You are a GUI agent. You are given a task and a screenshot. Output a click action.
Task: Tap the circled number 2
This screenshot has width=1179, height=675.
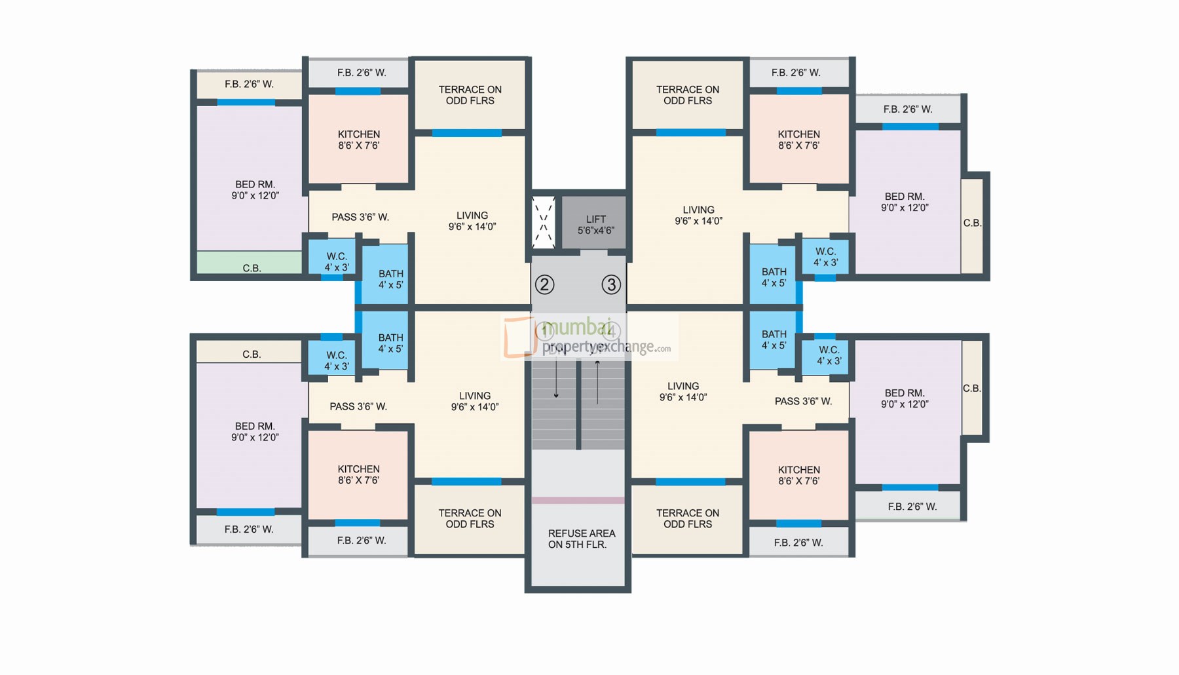[x=544, y=284]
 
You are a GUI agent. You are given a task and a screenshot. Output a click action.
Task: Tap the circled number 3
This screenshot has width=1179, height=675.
[x=611, y=284]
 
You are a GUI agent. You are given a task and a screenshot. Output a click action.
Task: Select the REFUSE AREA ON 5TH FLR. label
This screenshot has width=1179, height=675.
[x=581, y=539]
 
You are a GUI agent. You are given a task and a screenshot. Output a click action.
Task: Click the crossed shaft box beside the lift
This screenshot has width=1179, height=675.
[x=543, y=223]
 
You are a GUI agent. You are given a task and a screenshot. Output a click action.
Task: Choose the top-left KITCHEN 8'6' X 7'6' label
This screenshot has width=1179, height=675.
[x=358, y=140]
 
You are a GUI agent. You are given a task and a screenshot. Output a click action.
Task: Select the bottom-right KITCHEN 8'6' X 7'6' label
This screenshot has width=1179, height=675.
[x=798, y=475]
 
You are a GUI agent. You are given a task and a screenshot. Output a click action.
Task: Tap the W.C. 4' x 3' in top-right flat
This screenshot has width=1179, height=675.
[x=825, y=256]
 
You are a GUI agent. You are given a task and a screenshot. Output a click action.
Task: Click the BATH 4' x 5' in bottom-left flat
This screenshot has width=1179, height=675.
[x=390, y=343]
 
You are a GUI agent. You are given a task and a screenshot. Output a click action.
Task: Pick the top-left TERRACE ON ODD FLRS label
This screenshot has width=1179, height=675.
[x=470, y=95]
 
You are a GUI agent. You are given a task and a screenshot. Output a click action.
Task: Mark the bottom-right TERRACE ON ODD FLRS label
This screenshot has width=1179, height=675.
[x=687, y=518]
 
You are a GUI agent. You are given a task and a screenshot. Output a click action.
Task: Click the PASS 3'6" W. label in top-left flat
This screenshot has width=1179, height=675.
[x=360, y=217]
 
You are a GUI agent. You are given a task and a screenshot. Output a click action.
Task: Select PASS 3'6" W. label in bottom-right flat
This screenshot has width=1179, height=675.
[x=803, y=401]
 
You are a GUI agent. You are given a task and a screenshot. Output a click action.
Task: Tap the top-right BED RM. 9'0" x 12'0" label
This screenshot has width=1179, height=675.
[x=904, y=202]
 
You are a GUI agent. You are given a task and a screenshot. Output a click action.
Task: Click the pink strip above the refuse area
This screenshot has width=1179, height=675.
[x=578, y=500]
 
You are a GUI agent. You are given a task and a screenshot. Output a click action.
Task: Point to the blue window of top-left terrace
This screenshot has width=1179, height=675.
[x=466, y=133]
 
